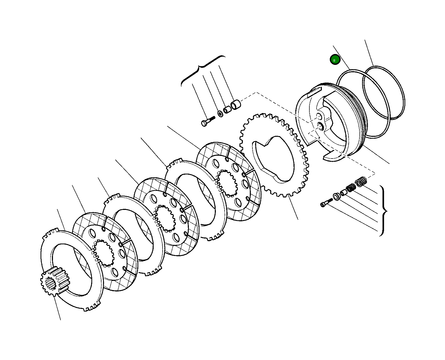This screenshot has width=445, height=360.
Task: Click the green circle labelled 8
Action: (335, 60)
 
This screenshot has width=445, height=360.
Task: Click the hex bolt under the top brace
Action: (207, 122)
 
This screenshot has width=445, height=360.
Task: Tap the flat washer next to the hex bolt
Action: (220, 114)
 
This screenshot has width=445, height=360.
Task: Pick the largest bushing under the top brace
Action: (236, 105)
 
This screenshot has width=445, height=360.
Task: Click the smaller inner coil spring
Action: (351, 188)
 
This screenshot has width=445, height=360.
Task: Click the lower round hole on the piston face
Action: (321, 127)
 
